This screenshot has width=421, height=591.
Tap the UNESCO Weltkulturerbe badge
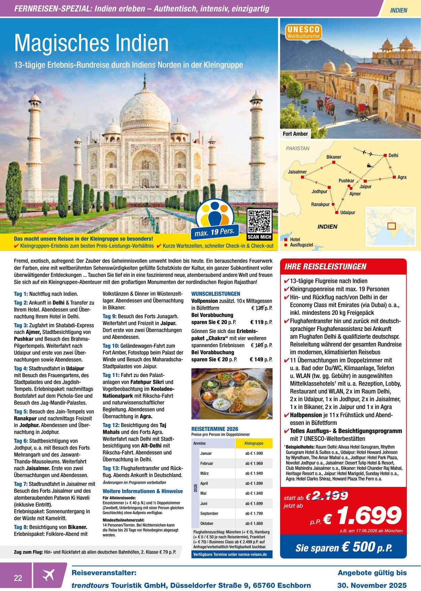(x=303, y=32)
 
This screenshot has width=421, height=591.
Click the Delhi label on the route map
(x=393, y=155)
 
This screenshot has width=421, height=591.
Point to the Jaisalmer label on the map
(x=297, y=172)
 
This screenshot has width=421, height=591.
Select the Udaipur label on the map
(x=348, y=212)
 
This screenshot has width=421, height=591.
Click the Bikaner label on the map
(x=333, y=157)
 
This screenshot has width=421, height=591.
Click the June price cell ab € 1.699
(x=254, y=503)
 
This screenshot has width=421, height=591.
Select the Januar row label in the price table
(x=206, y=453)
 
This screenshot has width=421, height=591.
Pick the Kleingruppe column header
(x=254, y=443)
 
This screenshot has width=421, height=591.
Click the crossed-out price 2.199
(x=330, y=495)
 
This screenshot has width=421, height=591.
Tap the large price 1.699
(x=369, y=515)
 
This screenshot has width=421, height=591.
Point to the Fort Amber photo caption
(x=295, y=134)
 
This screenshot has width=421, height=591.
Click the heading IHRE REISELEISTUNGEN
(x=325, y=267)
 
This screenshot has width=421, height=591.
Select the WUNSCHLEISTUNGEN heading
(x=216, y=294)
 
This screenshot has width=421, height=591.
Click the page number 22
(x=18, y=578)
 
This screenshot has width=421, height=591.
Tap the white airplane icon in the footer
(x=48, y=575)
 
